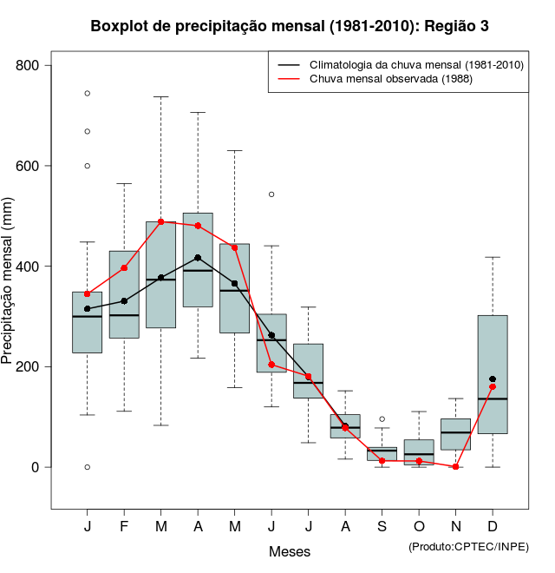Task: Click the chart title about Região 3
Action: [x=290, y=27]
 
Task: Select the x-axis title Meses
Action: [x=290, y=551]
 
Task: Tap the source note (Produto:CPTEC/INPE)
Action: [x=468, y=546]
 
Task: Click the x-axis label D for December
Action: [x=493, y=527]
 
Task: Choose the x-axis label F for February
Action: [x=124, y=527]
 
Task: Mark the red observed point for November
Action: [x=455, y=467]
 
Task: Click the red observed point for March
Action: [x=160, y=221]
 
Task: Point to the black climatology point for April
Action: [x=198, y=258]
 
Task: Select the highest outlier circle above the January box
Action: [x=88, y=93]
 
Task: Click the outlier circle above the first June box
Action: [x=271, y=194]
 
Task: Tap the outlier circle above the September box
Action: [x=382, y=419]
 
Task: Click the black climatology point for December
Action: [x=493, y=379]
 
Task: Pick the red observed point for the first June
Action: [x=271, y=365]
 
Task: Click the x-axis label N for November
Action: [x=455, y=527]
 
